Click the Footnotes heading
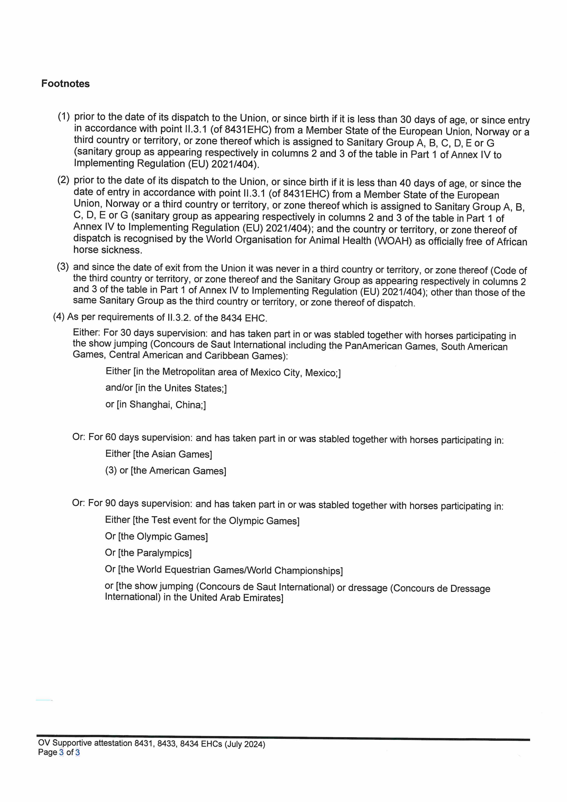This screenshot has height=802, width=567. click(x=65, y=84)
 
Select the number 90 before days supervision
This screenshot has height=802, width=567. click(x=110, y=503)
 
